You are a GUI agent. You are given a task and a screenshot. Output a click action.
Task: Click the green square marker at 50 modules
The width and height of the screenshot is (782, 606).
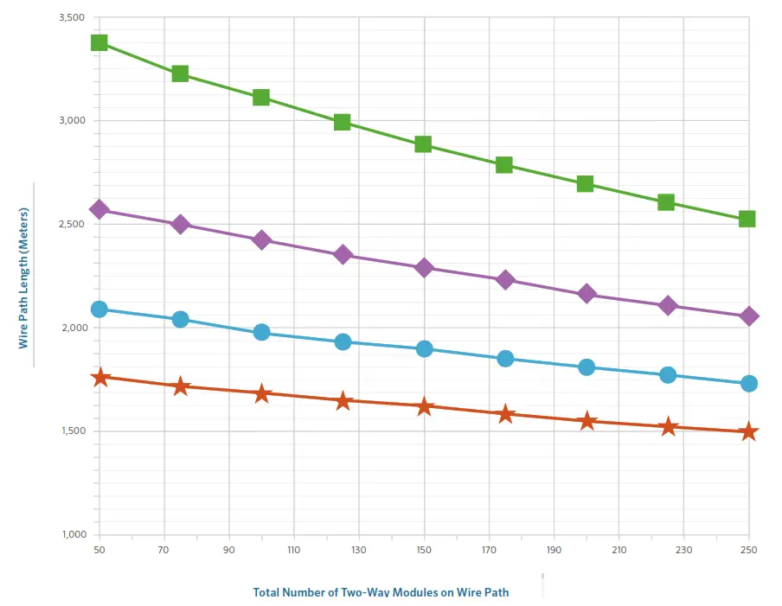click(99, 42)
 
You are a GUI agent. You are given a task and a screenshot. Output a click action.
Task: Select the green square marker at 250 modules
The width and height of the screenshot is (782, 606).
click(747, 219)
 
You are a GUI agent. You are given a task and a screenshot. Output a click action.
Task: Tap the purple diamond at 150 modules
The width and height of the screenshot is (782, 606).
click(424, 267)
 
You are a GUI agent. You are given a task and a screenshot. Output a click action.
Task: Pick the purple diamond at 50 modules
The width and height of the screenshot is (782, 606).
click(99, 209)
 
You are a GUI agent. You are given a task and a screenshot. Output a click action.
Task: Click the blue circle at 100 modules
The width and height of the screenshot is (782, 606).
click(261, 332)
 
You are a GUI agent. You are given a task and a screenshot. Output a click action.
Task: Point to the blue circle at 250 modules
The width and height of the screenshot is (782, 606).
click(748, 383)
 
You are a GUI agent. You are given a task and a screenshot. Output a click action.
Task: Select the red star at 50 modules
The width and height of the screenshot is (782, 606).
click(99, 377)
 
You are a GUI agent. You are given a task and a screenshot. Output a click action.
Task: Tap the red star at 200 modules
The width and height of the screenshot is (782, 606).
click(586, 421)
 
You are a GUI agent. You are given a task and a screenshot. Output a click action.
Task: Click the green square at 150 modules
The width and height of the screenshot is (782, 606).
click(423, 144)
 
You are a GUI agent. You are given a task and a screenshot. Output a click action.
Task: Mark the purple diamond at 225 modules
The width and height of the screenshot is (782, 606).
click(667, 305)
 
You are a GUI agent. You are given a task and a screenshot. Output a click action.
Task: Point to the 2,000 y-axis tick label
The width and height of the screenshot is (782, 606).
click(73, 328)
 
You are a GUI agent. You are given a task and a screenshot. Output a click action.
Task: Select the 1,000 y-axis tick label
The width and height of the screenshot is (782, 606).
click(73, 534)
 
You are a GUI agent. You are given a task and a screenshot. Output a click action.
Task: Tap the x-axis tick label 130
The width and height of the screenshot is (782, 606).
click(359, 550)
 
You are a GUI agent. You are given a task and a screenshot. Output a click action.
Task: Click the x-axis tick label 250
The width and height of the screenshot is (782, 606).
click(748, 550)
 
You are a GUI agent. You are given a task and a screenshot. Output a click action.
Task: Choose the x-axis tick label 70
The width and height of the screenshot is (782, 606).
click(163, 550)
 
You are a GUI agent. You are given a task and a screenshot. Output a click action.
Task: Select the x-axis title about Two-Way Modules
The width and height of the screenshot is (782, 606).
click(381, 592)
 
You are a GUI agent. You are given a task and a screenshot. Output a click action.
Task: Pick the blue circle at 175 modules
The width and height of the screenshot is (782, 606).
click(505, 358)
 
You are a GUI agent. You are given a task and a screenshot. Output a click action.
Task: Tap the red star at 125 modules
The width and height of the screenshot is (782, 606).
click(343, 400)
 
